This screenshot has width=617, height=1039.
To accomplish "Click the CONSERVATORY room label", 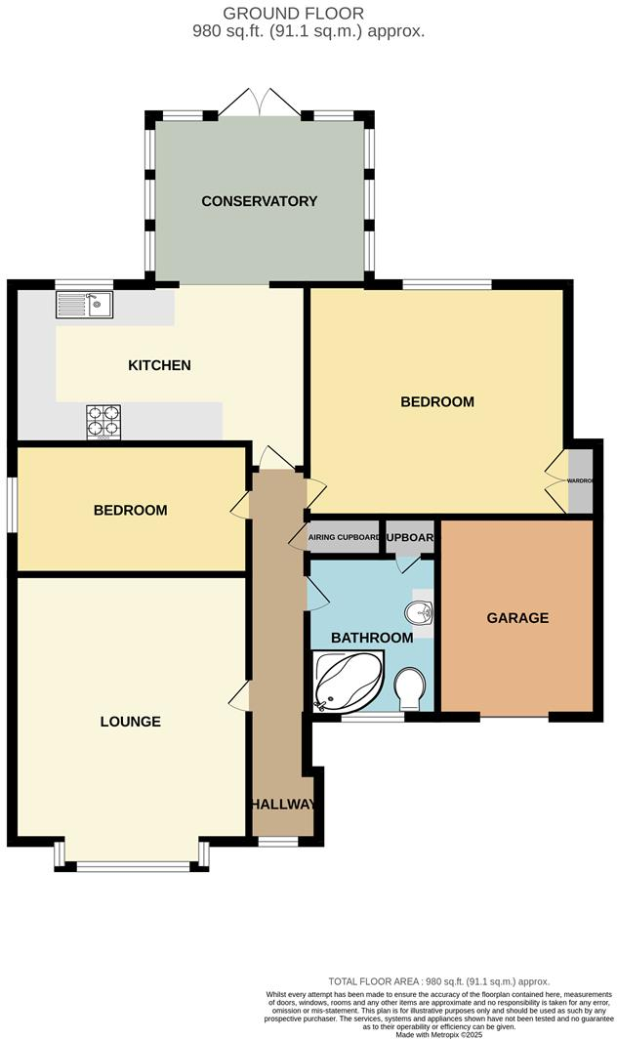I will tap(259, 201).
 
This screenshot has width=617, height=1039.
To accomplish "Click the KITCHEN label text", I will tap(159, 366).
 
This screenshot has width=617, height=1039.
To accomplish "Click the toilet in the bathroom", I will tap(411, 688).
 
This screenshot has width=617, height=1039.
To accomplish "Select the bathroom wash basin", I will tap(421, 612).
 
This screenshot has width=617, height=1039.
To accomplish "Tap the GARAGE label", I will tap(517, 618).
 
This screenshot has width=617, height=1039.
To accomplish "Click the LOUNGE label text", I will tap(130, 722).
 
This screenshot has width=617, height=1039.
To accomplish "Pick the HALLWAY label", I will tap(283, 805).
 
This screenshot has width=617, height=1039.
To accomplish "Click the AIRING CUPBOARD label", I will tap(344, 537).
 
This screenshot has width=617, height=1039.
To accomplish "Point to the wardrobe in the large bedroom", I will tap(581, 480).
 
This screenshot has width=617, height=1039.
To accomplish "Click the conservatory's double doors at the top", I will tap(259, 103).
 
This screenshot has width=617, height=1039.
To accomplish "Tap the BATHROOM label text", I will tap(371, 638).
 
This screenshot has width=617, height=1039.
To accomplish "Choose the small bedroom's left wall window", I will tap(13, 504).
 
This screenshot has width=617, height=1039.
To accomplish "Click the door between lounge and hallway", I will tap(240, 697).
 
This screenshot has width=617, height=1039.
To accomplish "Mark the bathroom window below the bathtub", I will tap(372, 718).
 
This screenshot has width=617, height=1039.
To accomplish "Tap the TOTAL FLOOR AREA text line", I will tap(439, 981).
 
